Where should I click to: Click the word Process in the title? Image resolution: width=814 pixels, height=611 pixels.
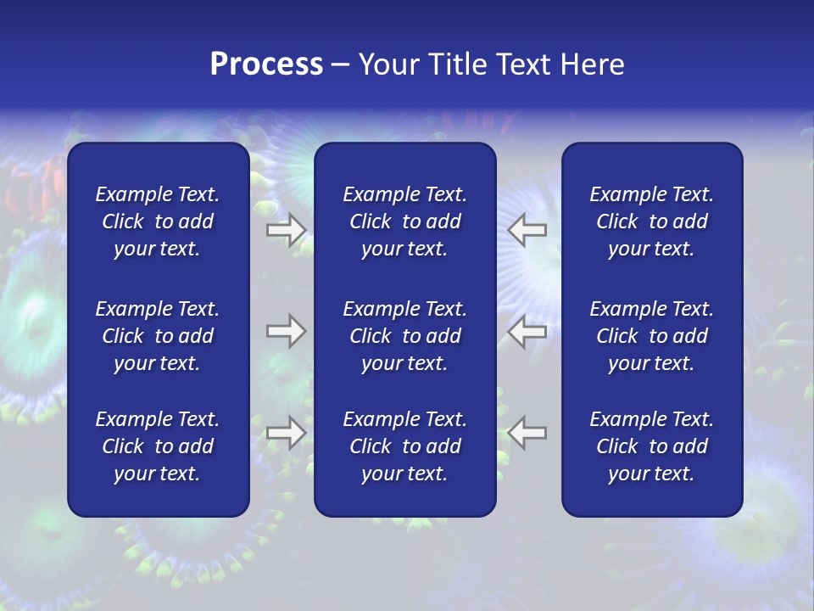pyautogui.click(x=266, y=64)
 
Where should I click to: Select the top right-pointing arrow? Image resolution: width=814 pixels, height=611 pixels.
pyautogui.click(x=287, y=229)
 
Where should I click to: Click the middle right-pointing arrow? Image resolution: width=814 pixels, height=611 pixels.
pyautogui.click(x=287, y=331)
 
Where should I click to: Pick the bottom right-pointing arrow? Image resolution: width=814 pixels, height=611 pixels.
pyautogui.click(x=287, y=433)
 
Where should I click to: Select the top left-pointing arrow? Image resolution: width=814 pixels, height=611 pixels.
pyautogui.click(x=527, y=229)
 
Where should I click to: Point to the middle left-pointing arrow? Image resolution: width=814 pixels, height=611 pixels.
pyautogui.click(x=527, y=331)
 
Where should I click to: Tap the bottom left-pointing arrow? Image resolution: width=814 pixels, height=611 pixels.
pyautogui.click(x=527, y=433)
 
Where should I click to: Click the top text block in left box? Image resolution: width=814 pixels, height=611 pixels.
pyautogui.click(x=158, y=221)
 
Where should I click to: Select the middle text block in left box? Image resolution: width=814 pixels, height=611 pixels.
pyautogui.click(x=158, y=336)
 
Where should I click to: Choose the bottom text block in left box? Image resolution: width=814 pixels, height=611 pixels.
pyautogui.click(x=158, y=446)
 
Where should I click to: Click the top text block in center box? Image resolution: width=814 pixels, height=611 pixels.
pyautogui.click(x=404, y=221)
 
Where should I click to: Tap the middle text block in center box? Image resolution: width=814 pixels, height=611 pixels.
pyautogui.click(x=404, y=336)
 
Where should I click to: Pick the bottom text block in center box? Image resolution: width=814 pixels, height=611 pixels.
pyautogui.click(x=404, y=446)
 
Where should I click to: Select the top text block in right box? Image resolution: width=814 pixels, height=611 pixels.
pyautogui.click(x=651, y=221)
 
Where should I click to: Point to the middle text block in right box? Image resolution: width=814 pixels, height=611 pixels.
pyautogui.click(x=651, y=336)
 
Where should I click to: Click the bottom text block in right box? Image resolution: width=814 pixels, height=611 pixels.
pyautogui.click(x=651, y=446)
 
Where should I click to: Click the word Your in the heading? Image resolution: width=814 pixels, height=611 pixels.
pyautogui.click(x=388, y=64)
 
